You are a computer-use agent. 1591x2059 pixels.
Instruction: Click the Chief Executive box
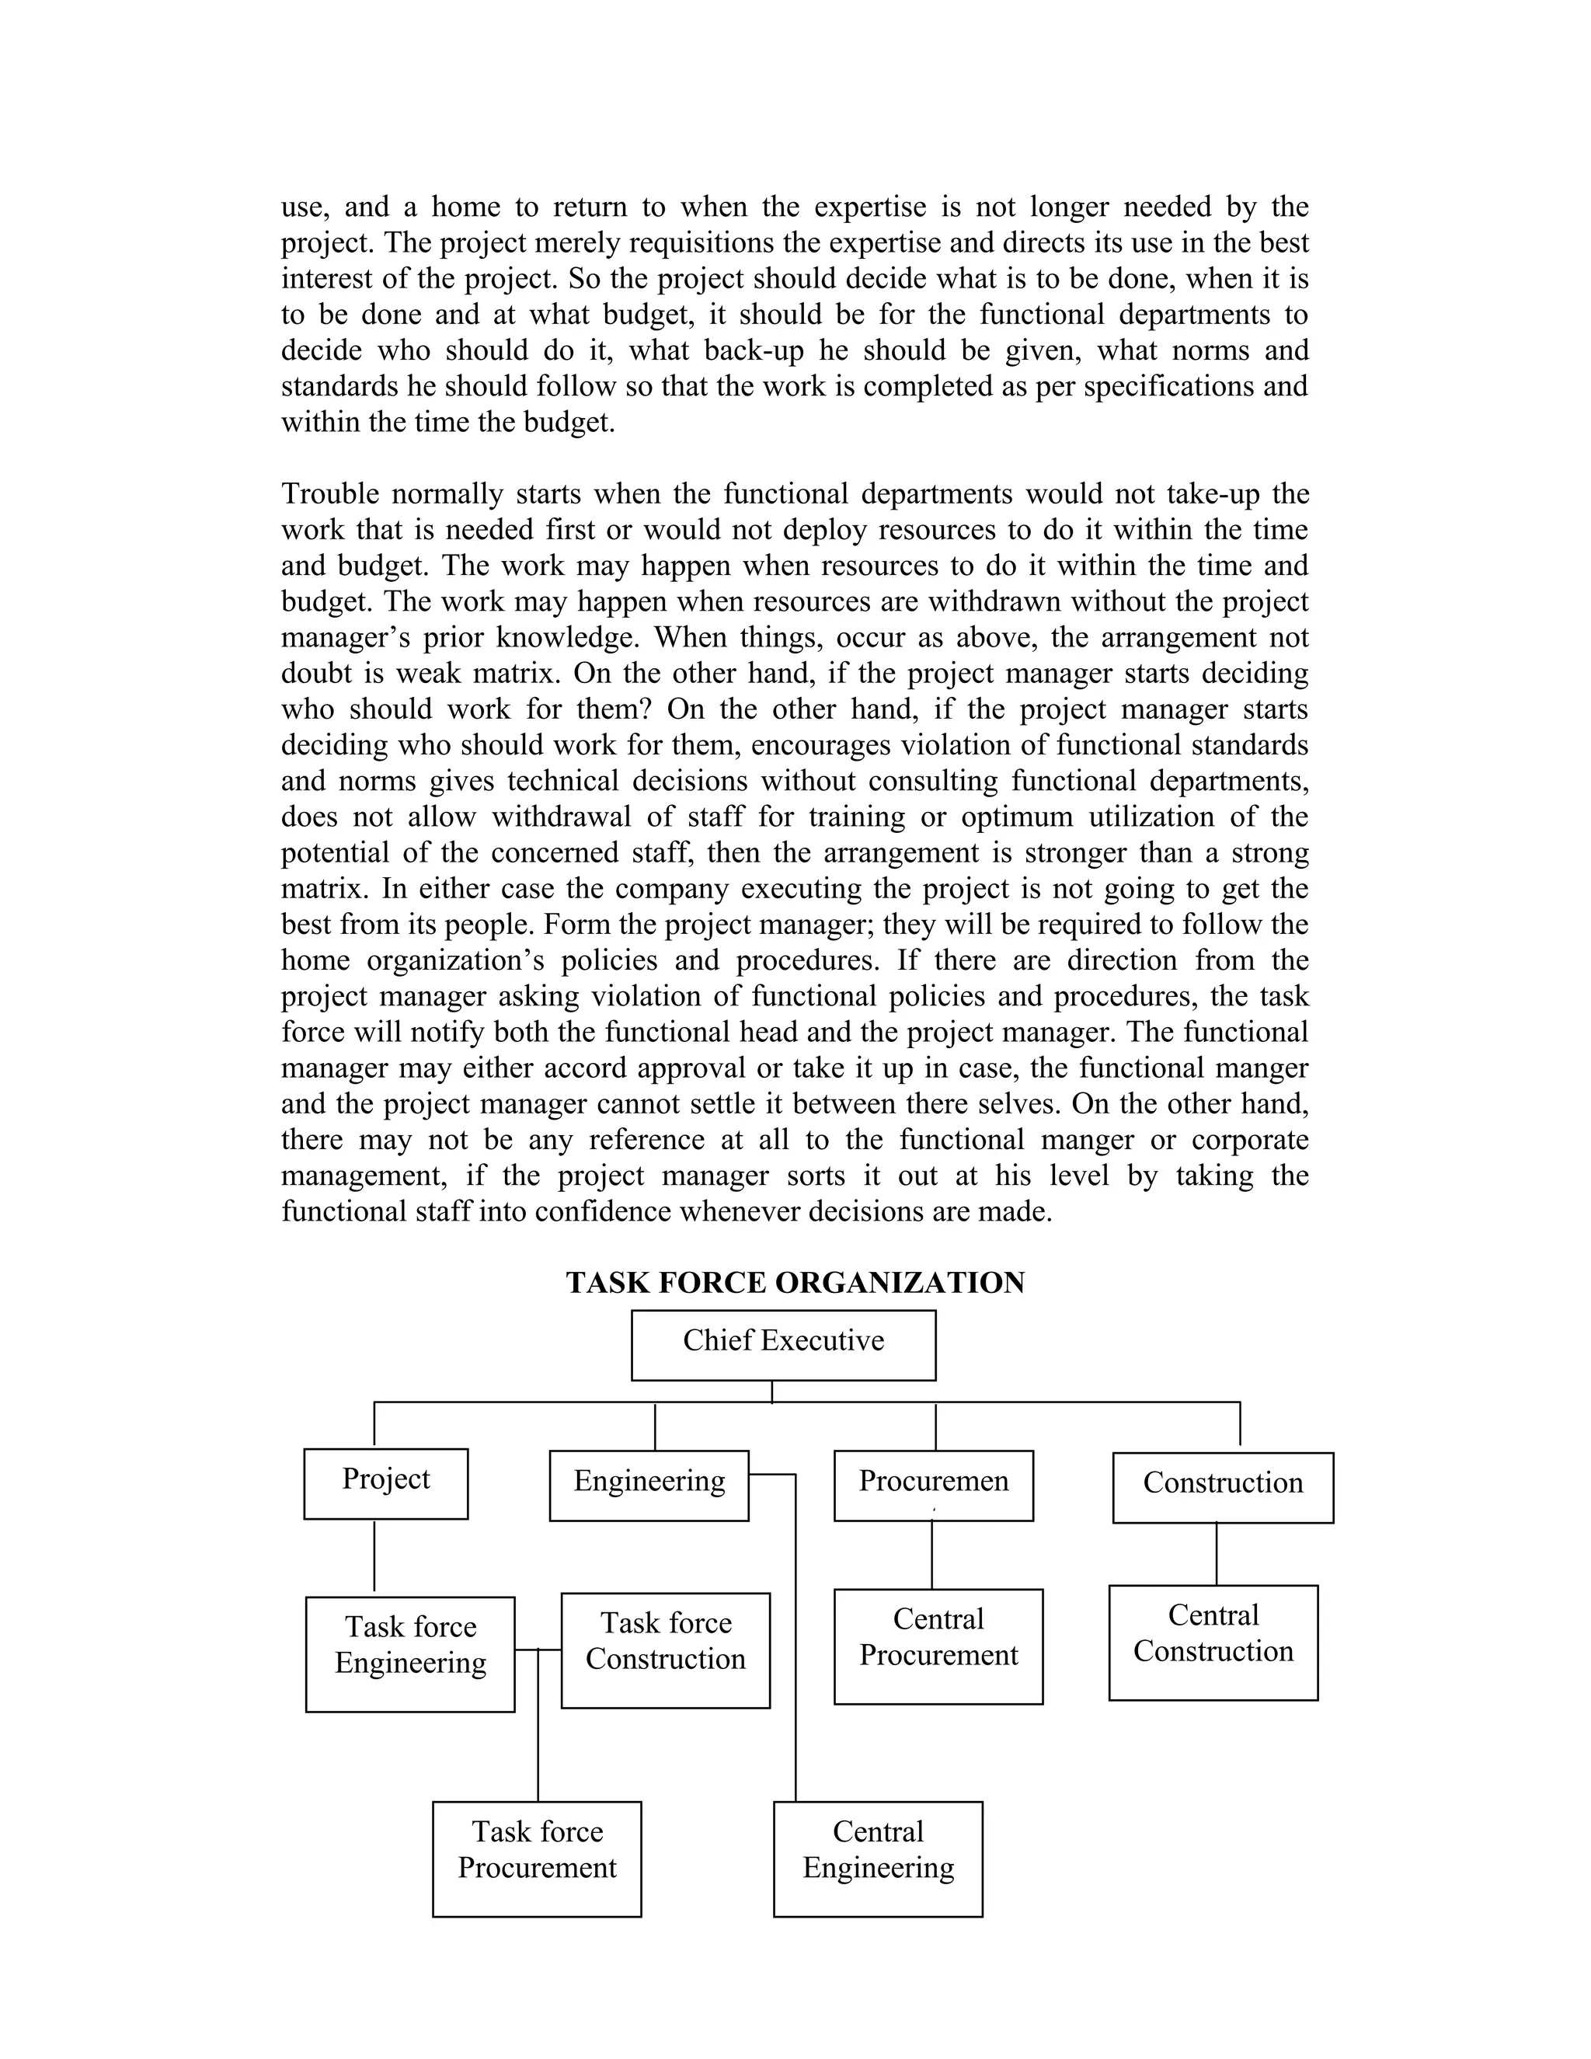pyautogui.click(x=783, y=1344)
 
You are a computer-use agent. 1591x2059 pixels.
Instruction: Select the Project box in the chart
pyautogui.click(x=385, y=1483)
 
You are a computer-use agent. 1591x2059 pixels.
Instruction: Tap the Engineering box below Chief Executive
pyautogui.click(x=649, y=1485)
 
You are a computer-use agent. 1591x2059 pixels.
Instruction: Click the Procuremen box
pyautogui.click(x=933, y=1485)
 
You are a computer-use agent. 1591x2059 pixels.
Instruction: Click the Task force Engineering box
pyautogui.click(x=410, y=1653)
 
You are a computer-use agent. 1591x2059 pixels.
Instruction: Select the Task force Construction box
pyautogui.click(x=666, y=1650)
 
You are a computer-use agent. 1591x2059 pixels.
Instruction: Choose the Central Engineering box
pyautogui.click(x=878, y=1859)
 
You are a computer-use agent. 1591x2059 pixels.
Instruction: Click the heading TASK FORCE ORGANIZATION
pyautogui.click(x=795, y=1282)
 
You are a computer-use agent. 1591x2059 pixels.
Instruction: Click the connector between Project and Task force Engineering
pyautogui.click(x=374, y=1556)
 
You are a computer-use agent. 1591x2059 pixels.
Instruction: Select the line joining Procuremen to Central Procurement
pyautogui.click(x=932, y=1555)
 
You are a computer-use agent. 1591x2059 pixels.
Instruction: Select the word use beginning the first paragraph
pyautogui.click(x=301, y=207)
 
